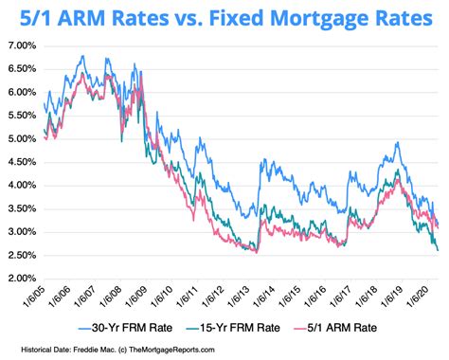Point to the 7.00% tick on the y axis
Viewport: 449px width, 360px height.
point(22,46)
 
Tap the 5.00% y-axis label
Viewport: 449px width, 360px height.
point(22,139)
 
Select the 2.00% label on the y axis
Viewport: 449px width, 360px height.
point(22,279)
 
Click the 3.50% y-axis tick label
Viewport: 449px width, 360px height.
point(22,208)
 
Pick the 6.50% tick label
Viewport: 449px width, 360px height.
point(22,69)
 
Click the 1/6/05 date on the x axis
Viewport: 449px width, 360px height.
point(36,300)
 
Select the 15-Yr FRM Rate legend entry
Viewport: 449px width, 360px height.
point(250,327)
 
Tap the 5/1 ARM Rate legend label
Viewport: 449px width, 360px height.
point(367,327)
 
